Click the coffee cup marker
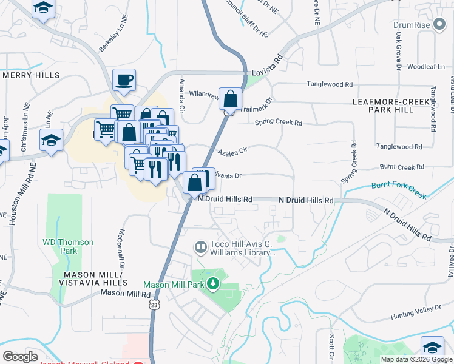(x=124, y=80)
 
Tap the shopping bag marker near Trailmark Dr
(x=230, y=99)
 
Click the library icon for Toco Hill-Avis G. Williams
(x=200, y=248)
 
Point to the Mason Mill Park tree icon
(x=212, y=283)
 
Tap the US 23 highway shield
(x=156, y=305)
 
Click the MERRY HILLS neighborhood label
(x=32, y=75)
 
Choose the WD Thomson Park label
(x=69, y=246)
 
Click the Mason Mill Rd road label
(x=125, y=293)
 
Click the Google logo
(x=21, y=357)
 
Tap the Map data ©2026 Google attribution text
(x=416, y=359)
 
